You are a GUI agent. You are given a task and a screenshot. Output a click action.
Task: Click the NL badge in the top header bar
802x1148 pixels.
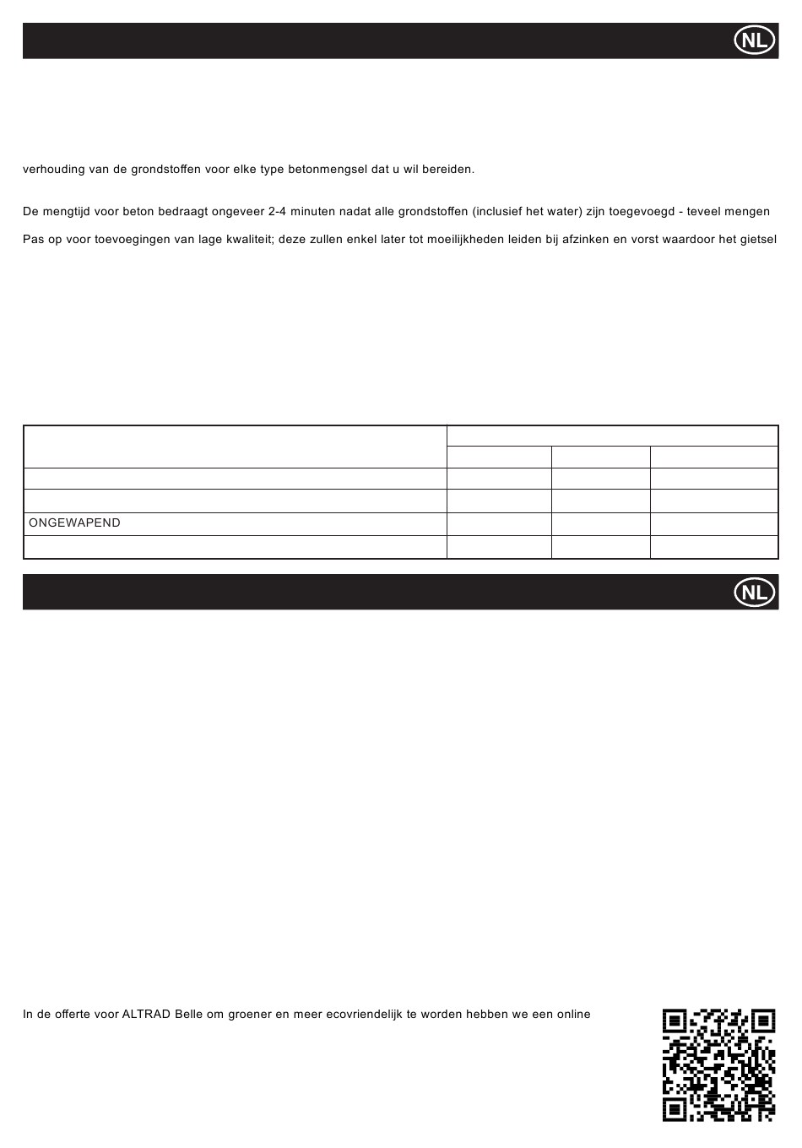[755, 41]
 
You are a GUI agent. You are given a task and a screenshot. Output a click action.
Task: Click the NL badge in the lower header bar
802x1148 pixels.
[755, 593]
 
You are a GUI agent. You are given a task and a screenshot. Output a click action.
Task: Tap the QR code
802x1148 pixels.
[718, 1065]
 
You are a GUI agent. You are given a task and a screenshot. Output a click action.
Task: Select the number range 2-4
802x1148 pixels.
[279, 211]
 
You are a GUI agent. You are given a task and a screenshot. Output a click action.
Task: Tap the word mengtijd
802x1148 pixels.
[73, 211]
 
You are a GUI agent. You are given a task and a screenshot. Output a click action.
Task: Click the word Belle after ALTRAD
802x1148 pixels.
[189, 1014]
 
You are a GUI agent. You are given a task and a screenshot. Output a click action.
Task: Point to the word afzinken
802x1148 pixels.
[585, 240]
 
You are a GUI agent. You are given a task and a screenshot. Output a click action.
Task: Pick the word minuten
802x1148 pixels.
[317, 211]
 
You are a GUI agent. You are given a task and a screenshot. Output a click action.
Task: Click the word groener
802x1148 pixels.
[250, 1014]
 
